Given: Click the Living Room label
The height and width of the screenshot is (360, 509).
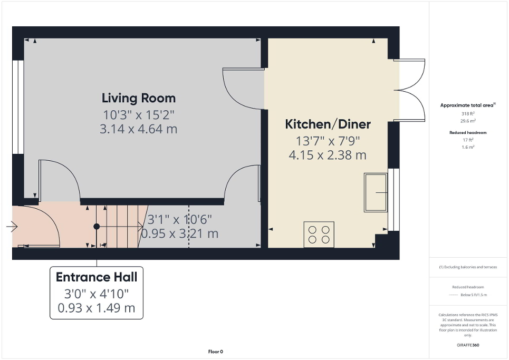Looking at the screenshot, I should (x=139, y=98).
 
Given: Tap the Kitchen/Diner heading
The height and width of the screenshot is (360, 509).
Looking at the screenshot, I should (x=328, y=124).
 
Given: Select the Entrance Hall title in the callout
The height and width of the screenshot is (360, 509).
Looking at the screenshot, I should (x=97, y=277).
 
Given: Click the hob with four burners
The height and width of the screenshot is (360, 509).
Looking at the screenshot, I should (x=319, y=234).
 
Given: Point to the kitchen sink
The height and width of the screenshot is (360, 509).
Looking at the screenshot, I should (x=376, y=192).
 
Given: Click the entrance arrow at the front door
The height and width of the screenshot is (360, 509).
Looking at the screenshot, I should (x=12, y=227).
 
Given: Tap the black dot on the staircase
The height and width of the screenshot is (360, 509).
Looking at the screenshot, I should (x=97, y=227).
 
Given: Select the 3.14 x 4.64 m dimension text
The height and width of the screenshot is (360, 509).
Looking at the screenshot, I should (x=139, y=129).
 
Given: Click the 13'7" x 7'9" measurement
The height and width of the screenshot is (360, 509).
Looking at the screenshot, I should (x=328, y=141).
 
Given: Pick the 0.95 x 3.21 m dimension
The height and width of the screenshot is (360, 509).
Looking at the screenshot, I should (x=183, y=233).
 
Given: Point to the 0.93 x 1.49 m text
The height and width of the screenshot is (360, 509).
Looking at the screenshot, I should (x=97, y=307).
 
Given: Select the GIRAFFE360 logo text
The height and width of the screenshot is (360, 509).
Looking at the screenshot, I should (x=468, y=345).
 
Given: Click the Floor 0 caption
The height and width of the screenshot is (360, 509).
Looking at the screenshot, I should (x=216, y=352).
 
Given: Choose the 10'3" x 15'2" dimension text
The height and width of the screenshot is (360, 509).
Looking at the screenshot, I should (x=139, y=114).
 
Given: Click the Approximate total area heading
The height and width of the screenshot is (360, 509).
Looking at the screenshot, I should (x=467, y=105).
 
